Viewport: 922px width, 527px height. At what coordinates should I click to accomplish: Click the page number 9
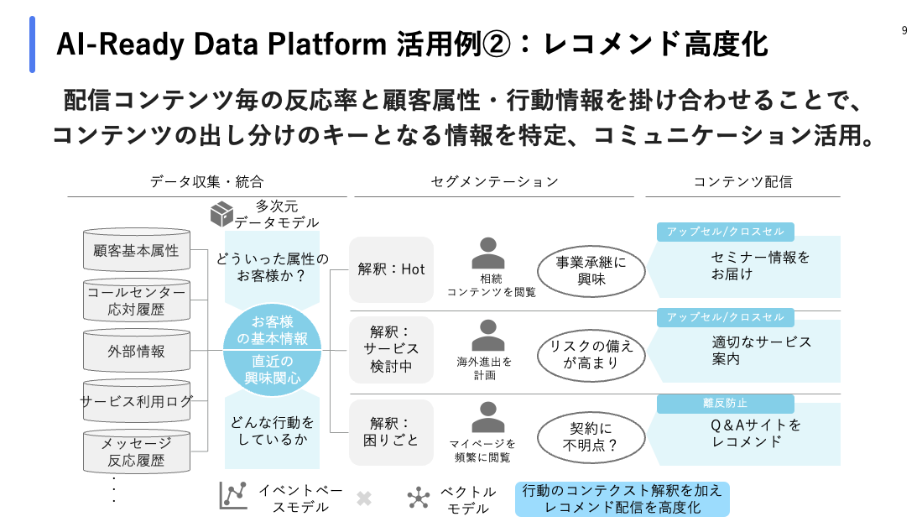pos(904,30)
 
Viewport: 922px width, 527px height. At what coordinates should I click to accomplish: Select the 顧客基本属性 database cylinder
pos(137,250)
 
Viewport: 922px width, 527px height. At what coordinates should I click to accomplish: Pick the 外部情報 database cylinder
pos(137,352)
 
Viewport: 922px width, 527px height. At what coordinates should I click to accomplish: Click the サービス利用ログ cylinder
pos(137,401)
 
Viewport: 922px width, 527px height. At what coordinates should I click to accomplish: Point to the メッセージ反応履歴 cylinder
pos(137,451)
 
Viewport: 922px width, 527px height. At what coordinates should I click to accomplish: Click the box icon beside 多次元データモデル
pos(221,213)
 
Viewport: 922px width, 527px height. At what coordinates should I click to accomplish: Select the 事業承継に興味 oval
pos(591,271)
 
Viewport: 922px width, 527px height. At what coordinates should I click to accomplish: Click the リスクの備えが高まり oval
pos(591,354)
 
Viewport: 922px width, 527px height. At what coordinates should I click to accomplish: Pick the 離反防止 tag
pos(725,404)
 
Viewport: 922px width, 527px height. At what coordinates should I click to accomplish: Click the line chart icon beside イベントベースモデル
pos(233,495)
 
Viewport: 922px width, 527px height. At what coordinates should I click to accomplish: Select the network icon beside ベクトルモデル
pos(419,498)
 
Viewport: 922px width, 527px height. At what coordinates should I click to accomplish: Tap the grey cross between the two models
pos(363,498)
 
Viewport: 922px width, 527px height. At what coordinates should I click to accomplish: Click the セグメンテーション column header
pos(494,181)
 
